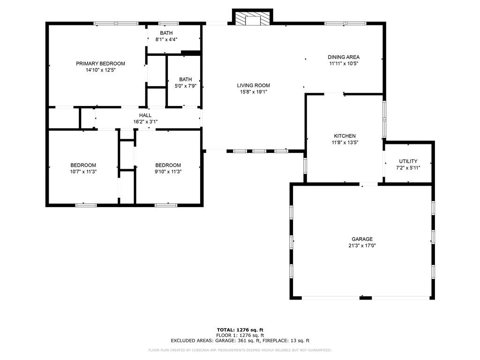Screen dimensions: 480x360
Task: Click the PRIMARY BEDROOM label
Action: click(x=100, y=64)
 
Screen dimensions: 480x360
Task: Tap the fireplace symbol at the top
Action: click(x=253, y=18)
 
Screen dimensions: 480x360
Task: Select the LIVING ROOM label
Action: click(x=254, y=85)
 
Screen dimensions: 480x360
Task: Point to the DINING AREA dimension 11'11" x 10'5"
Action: click(x=344, y=64)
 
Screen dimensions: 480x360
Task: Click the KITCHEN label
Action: click(x=345, y=136)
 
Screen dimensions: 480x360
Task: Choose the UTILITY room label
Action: click(x=408, y=161)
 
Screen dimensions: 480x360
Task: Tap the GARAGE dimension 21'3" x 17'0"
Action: click(x=362, y=246)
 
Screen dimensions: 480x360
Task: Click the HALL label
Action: click(x=145, y=115)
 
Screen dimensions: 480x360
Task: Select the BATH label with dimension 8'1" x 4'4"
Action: click(x=166, y=33)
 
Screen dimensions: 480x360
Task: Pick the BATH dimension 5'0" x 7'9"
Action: click(x=186, y=86)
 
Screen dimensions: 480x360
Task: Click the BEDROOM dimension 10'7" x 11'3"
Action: click(x=83, y=172)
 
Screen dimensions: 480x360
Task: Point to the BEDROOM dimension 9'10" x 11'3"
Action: click(x=168, y=172)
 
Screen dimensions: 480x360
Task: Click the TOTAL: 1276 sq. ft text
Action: click(x=240, y=330)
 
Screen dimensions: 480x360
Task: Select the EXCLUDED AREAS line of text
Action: click(x=240, y=340)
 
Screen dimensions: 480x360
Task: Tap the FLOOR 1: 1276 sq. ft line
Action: click(x=240, y=335)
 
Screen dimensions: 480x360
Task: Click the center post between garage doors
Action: click(x=366, y=298)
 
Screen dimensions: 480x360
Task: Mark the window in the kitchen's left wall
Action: click(x=305, y=165)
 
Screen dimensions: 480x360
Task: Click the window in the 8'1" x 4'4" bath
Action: click(x=168, y=23)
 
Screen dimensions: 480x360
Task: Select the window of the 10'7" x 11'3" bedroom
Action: click(x=86, y=205)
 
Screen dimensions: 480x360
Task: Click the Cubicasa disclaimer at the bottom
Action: click(x=240, y=350)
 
